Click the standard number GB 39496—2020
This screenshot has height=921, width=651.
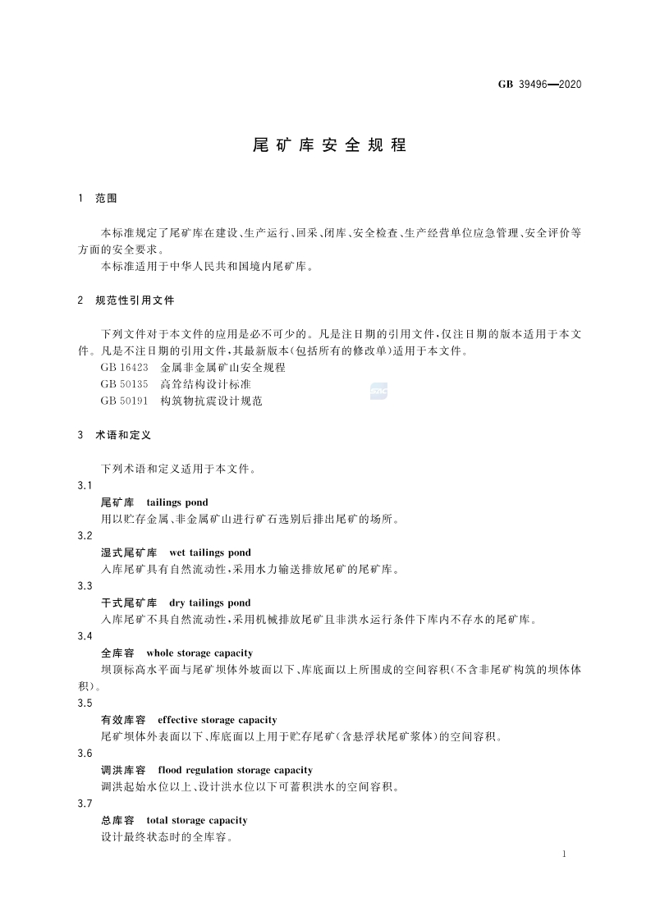(539, 85)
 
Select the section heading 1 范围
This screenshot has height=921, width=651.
(98, 199)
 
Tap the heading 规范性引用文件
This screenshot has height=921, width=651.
(135, 300)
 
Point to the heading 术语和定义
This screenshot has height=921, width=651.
(123, 435)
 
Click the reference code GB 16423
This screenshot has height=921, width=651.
(124, 368)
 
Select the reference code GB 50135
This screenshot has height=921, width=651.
(124, 384)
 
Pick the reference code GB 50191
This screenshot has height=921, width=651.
(124, 401)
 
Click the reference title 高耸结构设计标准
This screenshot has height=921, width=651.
(205, 384)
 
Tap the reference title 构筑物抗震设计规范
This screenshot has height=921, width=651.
(211, 401)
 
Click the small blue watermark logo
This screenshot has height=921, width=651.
(378, 392)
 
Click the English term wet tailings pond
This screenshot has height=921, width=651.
(209, 552)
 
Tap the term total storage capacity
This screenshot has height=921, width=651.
(196, 820)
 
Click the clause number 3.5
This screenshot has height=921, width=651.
(85, 703)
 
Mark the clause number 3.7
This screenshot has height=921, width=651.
(85, 804)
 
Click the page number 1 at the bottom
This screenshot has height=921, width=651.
(566, 855)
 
